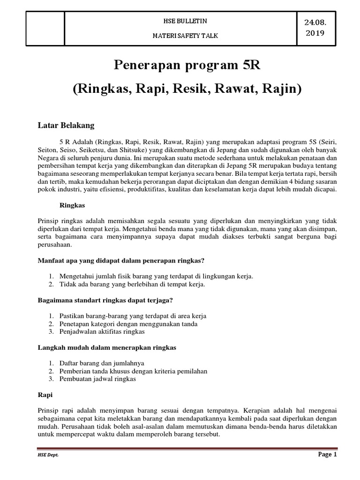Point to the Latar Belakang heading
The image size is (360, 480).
pos(66,126)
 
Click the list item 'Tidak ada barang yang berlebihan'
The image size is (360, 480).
pos(132,284)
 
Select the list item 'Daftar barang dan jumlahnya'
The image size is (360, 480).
pos(102,363)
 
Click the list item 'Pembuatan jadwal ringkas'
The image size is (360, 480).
pos(98,379)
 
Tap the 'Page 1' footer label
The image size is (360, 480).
pos(328,455)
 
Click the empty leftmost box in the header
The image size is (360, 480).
pos(45,29)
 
